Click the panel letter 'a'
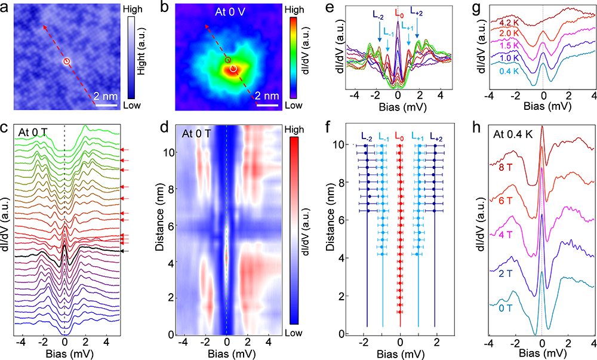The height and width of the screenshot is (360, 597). [x=5, y=8]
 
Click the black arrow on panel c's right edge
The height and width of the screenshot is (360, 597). [x=124, y=251]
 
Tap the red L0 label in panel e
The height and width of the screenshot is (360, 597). [x=398, y=11]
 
